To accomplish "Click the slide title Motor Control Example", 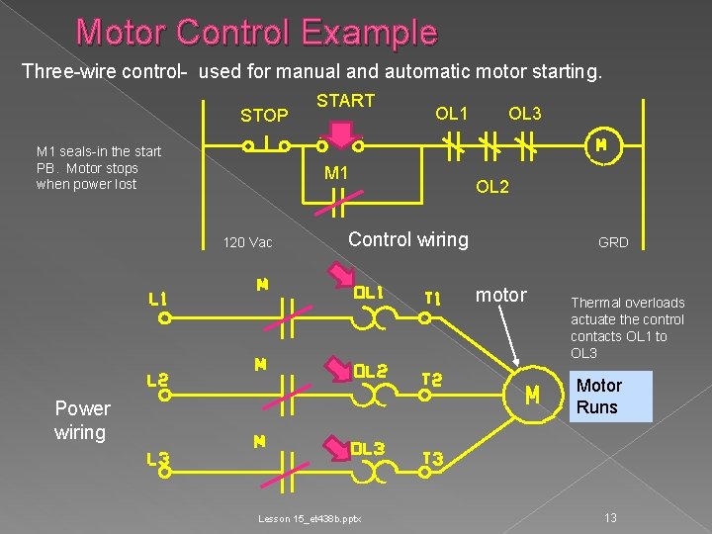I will tap(256, 33).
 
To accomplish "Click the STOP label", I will tap(264, 116).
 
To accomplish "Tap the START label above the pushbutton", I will tap(345, 100).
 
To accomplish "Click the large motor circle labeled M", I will tap(532, 395).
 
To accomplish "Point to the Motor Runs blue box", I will tap(611, 397).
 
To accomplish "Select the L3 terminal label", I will tap(158, 458).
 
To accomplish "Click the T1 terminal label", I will tap(432, 297).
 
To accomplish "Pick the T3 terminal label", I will tap(432, 460).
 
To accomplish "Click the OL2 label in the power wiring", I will tap(370, 371).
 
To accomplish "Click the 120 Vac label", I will tap(247, 242).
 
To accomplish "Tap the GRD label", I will tap(613, 242).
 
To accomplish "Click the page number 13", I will tap(611, 518).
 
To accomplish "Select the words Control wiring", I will tap(408, 238).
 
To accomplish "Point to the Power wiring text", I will tap(82, 420).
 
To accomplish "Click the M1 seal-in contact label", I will tap(336, 174).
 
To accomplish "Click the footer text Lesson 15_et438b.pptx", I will tap(310, 518).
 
